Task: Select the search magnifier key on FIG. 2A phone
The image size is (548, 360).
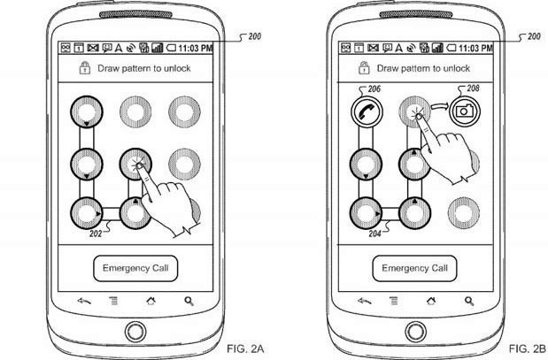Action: click(x=189, y=302)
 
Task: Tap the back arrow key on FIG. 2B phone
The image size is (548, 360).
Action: click(x=359, y=302)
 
